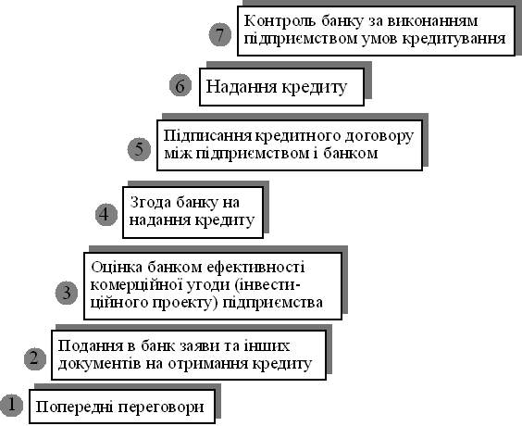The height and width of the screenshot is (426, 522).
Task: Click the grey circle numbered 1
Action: [12, 406]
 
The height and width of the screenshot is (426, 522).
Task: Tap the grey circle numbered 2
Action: [35, 358]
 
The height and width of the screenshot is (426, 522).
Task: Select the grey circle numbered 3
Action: [67, 293]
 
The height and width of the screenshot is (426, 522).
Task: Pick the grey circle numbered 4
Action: [106, 215]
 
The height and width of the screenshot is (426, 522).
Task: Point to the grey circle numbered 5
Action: [139, 149]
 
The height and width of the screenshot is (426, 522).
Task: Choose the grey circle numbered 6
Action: [180, 85]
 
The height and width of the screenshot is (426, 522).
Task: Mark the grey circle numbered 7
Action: [220, 34]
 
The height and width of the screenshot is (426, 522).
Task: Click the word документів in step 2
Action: [99, 364]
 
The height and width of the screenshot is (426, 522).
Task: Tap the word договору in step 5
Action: [379, 137]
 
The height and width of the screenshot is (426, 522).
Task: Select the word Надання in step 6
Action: [242, 87]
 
